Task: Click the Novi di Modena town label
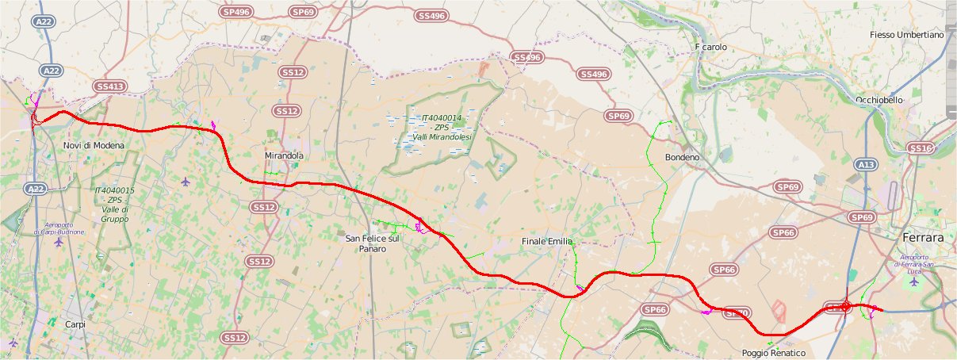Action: click(x=90, y=145)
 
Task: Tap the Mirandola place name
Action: click(x=284, y=156)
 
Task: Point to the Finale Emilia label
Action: click(x=547, y=241)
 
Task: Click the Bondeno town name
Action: click(x=682, y=158)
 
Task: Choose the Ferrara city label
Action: click(x=924, y=238)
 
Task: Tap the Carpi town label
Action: click(x=75, y=324)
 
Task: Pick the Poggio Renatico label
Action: click(x=774, y=353)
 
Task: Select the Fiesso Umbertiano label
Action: click(x=906, y=35)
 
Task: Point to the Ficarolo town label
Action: click(x=710, y=48)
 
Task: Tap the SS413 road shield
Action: click(x=109, y=86)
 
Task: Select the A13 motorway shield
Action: click(x=866, y=164)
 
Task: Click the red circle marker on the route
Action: click(x=846, y=305)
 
